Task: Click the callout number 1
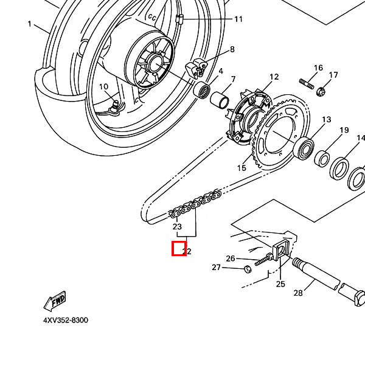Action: (x=29, y=24)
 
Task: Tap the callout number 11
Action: (x=238, y=19)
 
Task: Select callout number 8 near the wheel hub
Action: (x=232, y=49)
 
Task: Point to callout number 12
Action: (x=274, y=77)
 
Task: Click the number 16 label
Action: (x=318, y=68)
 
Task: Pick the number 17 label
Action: (x=333, y=75)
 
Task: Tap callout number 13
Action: (x=327, y=119)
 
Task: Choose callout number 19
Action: (x=344, y=130)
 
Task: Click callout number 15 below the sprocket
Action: (x=242, y=168)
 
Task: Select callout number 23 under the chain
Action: (x=177, y=227)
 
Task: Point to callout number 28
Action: (x=298, y=293)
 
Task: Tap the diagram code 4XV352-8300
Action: (x=65, y=320)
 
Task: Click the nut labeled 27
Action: (x=248, y=268)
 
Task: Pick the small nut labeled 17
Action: (x=322, y=91)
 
